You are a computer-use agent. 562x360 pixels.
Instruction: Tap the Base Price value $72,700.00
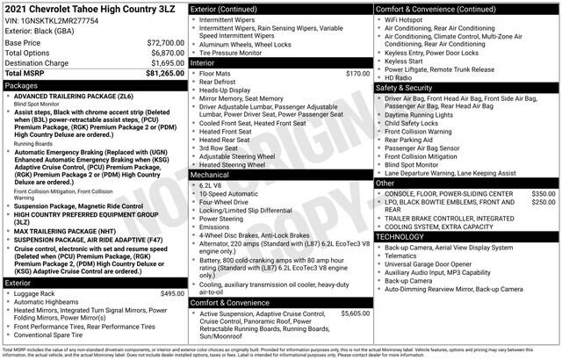click(160, 42)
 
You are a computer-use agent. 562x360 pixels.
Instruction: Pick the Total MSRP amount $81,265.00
click(158, 75)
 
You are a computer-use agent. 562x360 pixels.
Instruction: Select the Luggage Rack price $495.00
click(167, 293)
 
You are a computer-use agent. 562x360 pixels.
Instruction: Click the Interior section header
click(205, 63)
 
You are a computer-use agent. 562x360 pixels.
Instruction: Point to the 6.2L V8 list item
click(211, 186)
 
